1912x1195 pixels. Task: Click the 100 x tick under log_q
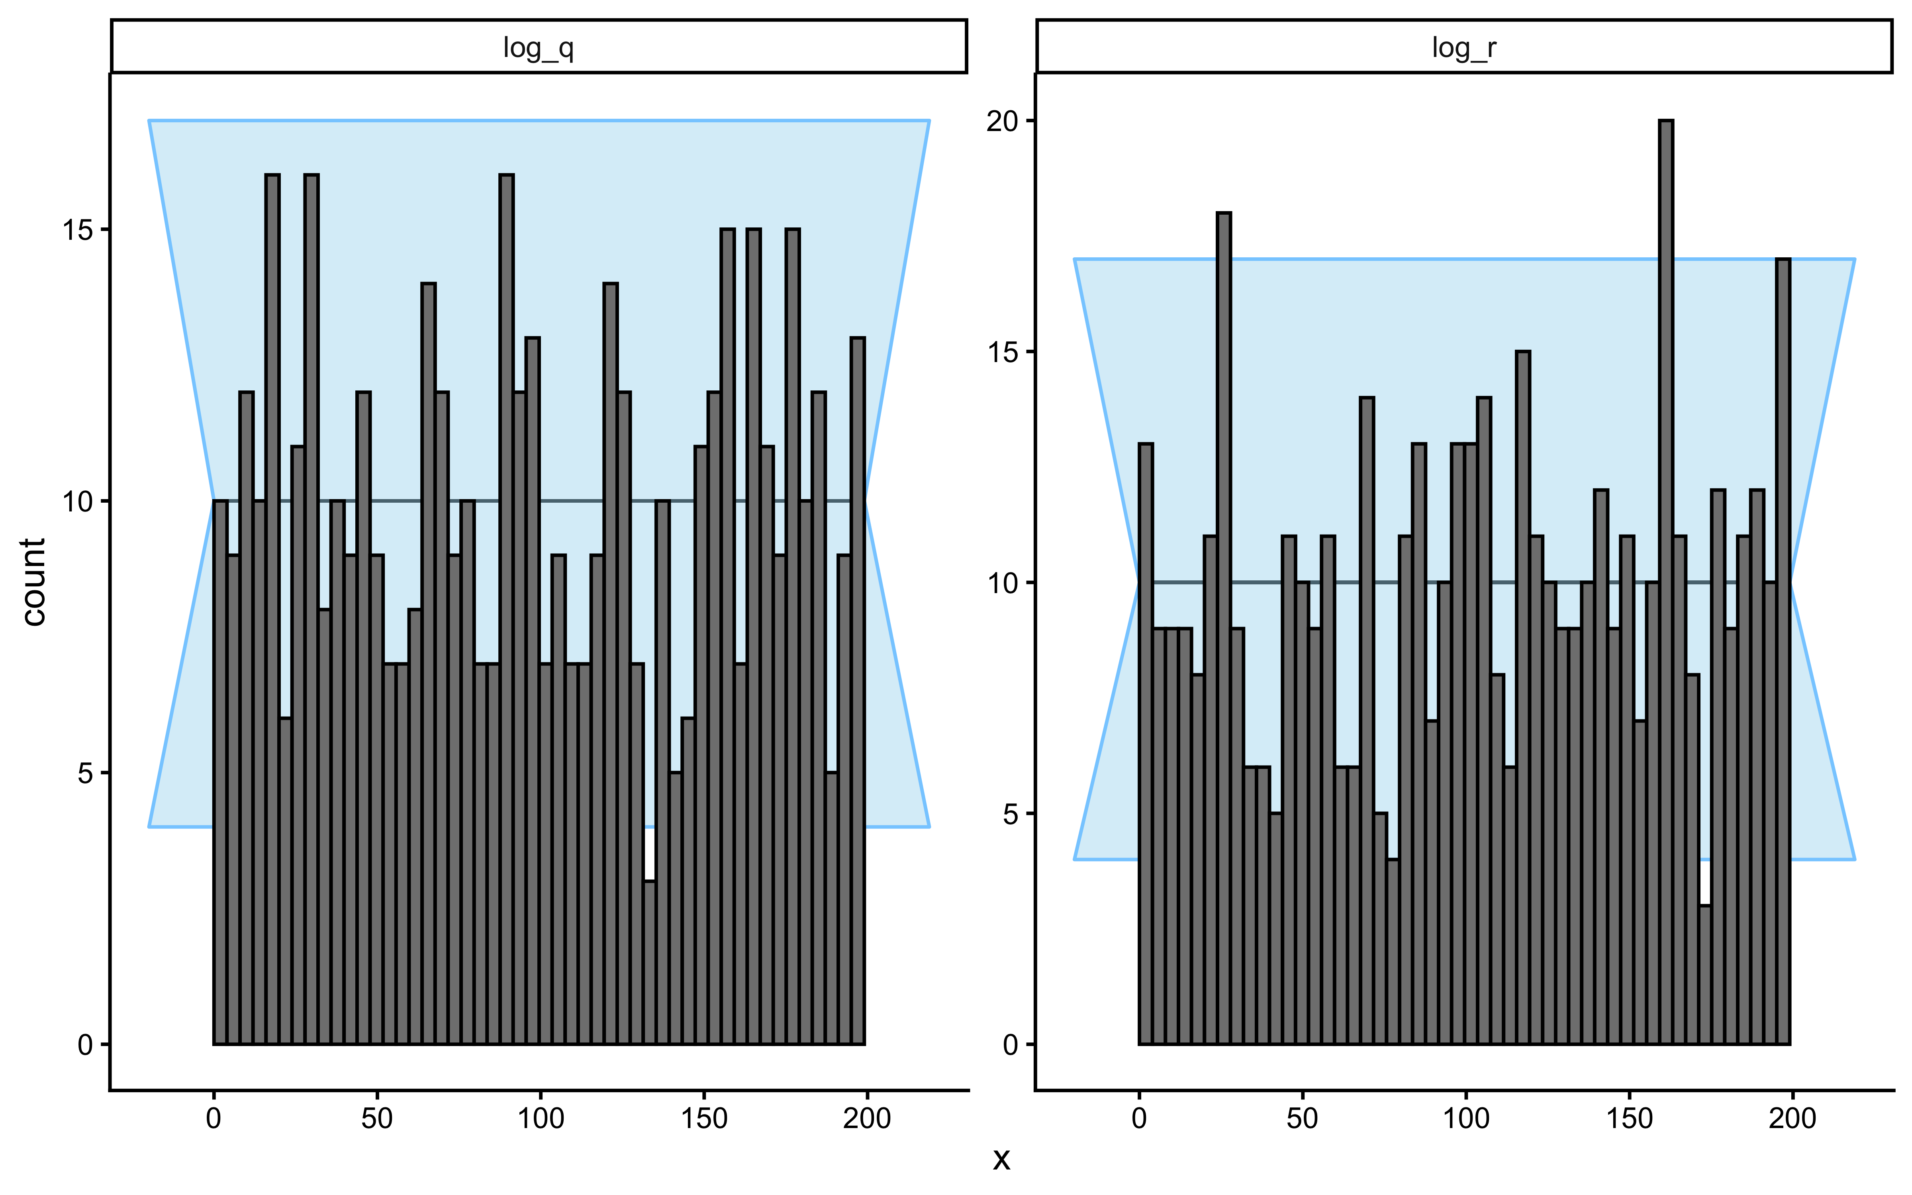tap(541, 1119)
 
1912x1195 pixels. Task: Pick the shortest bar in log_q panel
tap(649, 963)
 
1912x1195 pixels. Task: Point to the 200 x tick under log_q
tap(867, 1119)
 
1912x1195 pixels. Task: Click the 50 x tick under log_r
tap(1302, 1119)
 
